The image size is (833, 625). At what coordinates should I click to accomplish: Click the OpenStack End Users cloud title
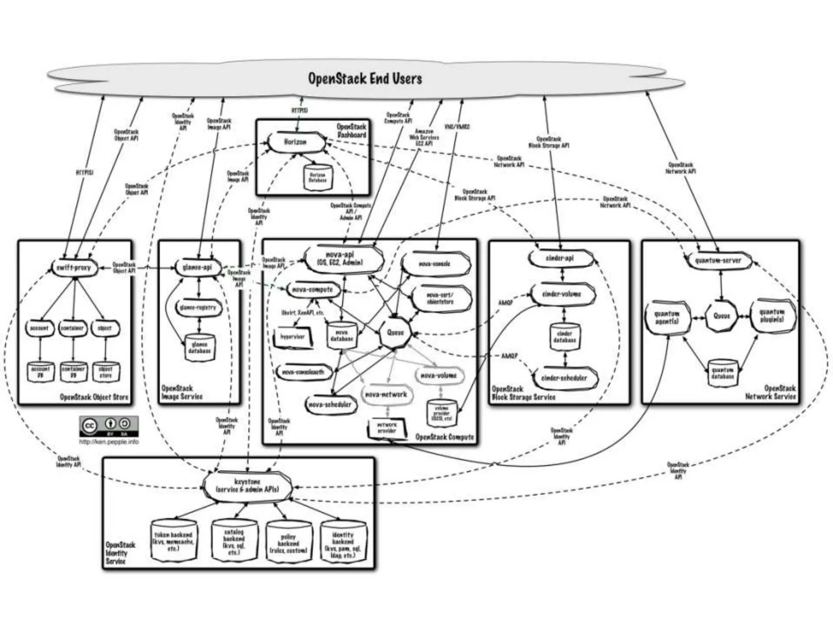[x=365, y=78]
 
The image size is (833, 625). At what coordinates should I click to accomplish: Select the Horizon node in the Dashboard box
[x=296, y=142]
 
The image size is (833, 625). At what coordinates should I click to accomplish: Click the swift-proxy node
[x=74, y=268]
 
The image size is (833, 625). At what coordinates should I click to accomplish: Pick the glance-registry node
[x=198, y=308]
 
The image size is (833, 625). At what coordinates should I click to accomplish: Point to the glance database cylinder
[x=199, y=347]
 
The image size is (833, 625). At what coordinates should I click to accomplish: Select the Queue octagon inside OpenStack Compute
[x=395, y=332]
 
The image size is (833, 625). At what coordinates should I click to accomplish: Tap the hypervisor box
[x=293, y=337]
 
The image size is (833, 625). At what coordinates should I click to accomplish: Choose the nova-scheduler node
[x=330, y=404]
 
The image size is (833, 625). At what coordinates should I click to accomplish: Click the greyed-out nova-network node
[x=386, y=394]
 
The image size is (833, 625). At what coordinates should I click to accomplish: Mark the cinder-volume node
[x=562, y=294]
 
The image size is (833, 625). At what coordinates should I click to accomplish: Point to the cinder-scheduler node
[x=564, y=378]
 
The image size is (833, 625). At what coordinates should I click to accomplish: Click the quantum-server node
[x=718, y=260]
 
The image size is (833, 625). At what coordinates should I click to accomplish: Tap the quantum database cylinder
[x=723, y=373]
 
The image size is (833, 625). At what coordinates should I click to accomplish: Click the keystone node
[x=247, y=486]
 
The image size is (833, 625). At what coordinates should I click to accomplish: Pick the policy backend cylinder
[x=288, y=543]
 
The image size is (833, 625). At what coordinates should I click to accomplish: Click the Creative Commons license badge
[x=109, y=426]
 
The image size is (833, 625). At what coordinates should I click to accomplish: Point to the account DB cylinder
[x=40, y=372]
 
